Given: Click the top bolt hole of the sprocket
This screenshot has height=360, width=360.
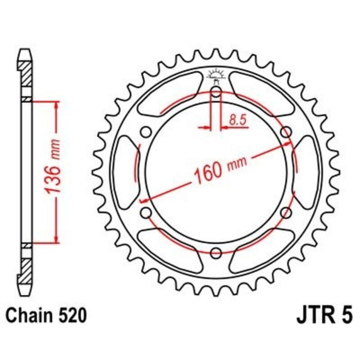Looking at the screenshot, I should (x=216, y=93).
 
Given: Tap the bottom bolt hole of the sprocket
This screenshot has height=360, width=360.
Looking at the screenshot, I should (x=216, y=252).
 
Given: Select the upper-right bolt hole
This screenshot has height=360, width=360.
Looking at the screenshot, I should (x=285, y=132).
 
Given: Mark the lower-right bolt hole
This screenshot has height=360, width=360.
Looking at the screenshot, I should (x=285, y=212).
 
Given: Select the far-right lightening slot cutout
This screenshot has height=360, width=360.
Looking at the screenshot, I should (x=307, y=172).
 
